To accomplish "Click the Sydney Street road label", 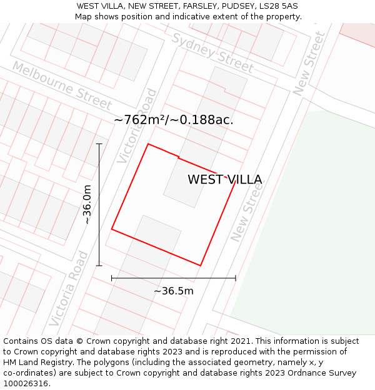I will (212, 52).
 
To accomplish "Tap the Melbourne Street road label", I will (61, 86).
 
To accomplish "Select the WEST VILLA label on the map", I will (224, 180).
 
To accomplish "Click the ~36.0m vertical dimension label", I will (87, 204).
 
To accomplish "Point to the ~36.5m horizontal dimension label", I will (174, 291).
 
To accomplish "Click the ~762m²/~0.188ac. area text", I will (174, 120).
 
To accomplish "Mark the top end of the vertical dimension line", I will (99, 144).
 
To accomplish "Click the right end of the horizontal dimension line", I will (236, 278).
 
